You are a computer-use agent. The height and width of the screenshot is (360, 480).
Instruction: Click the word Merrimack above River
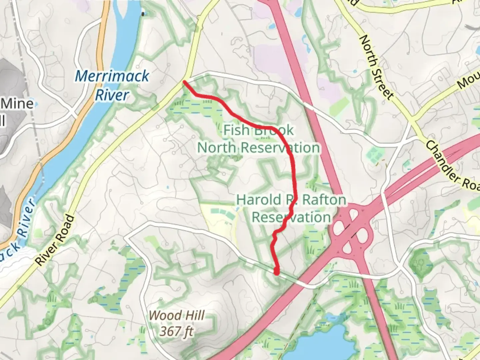pos(112,76)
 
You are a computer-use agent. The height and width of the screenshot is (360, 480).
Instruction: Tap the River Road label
pos(55,240)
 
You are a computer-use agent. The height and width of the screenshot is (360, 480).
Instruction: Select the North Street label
pos(376,67)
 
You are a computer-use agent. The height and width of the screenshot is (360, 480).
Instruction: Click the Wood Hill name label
pos(176,315)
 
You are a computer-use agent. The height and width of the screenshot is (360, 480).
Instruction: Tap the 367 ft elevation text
pos(176,331)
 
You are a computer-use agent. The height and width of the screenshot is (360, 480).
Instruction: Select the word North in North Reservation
pos(218,147)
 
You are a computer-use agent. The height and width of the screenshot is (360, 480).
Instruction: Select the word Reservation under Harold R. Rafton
pos(291,217)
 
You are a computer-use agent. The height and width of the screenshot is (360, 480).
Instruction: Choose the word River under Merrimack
pos(112,95)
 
